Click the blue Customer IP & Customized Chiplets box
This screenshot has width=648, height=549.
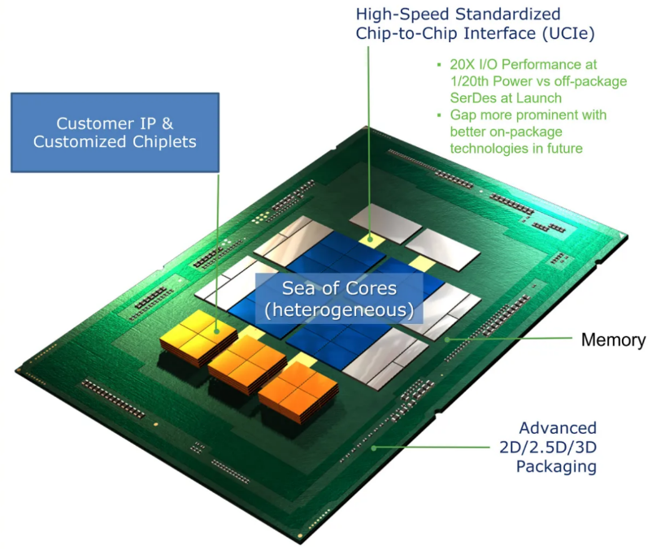[x=115, y=132]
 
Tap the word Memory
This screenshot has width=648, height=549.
[x=613, y=339]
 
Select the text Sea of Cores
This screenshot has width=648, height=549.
[x=339, y=288]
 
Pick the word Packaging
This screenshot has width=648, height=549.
[x=557, y=467]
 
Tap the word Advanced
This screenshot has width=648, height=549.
[x=558, y=428]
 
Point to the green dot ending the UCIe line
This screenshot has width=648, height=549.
[x=371, y=239]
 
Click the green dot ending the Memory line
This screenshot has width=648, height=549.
[x=445, y=339]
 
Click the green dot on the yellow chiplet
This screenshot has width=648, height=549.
[x=218, y=330]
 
